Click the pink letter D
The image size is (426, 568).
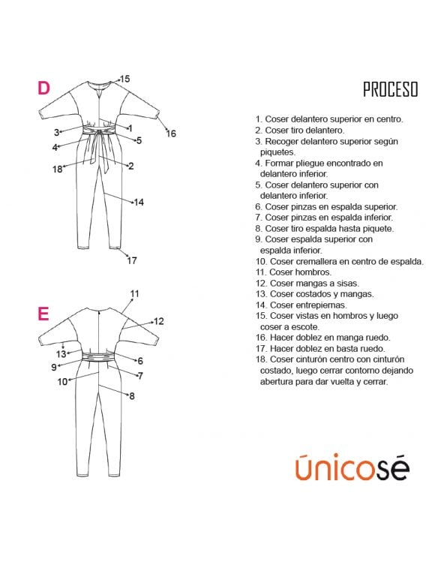click(43, 88)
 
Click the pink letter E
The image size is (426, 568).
click(43, 314)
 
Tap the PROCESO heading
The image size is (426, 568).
click(391, 89)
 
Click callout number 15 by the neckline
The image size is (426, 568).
click(124, 79)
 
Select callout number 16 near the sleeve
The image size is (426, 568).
click(171, 134)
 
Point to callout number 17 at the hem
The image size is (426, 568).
click(132, 260)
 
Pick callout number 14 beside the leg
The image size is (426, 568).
click(139, 202)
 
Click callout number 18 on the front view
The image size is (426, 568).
click(58, 169)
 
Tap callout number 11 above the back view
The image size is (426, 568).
click(135, 293)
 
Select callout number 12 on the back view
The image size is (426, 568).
click(158, 321)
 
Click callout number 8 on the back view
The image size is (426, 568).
click(132, 396)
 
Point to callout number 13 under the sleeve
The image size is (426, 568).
click(61, 354)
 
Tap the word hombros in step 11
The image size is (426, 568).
click(313, 272)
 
